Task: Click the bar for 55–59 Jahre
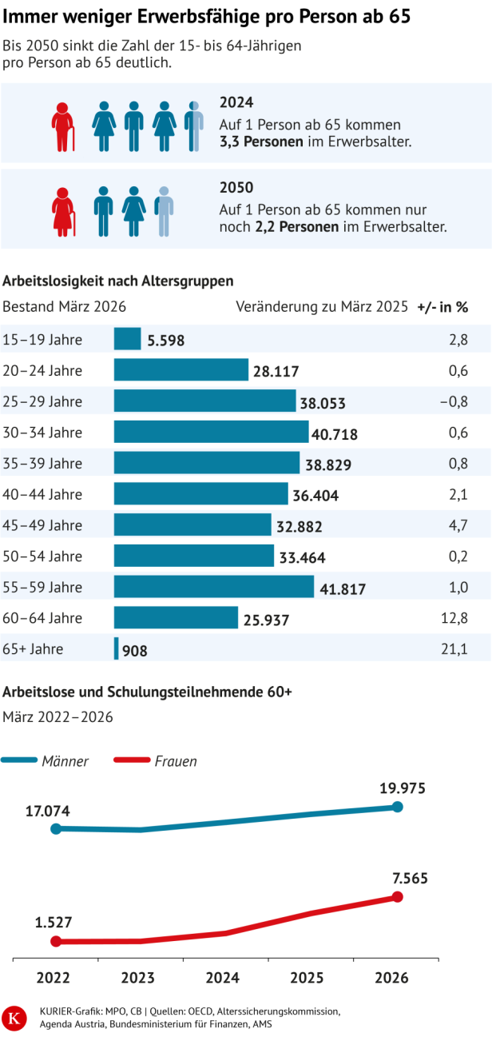click(x=213, y=586)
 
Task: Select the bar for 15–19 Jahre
click(x=127, y=339)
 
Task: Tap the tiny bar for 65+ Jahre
click(x=117, y=648)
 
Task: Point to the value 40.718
click(x=335, y=435)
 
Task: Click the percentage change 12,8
click(x=456, y=617)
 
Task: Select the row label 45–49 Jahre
click(x=43, y=525)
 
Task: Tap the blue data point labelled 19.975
click(x=398, y=807)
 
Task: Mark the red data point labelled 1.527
click(x=56, y=942)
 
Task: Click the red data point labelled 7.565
click(x=398, y=897)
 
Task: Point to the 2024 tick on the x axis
click(x=222, y=979)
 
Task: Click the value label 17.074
click(x=47, y=811)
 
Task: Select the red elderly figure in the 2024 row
click(x=63, y=126)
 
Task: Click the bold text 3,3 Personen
click(x=261, y=142)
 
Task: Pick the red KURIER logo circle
click(x=14, y=1017)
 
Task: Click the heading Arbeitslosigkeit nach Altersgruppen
click(x=118, y=281)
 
